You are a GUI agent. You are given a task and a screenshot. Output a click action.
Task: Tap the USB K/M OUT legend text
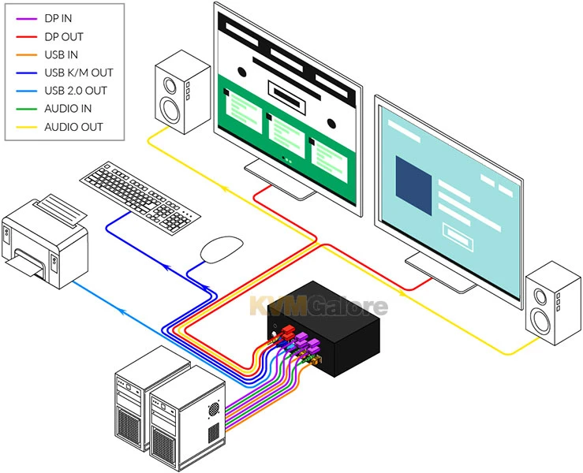pos(79,73)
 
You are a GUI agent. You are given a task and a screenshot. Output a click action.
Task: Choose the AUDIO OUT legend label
pos(73,126)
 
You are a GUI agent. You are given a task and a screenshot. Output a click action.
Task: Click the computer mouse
pos(222,251)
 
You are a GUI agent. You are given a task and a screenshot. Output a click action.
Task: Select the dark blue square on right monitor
pos(414,185)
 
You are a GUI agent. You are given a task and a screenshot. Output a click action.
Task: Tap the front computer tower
pos(189,410)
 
